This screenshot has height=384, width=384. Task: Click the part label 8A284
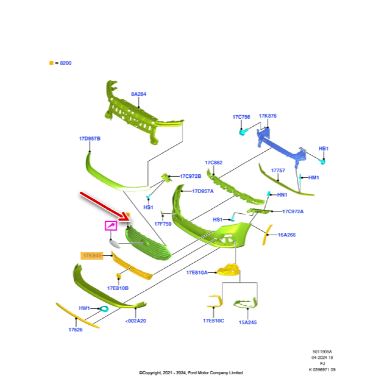click(x=139, y=94)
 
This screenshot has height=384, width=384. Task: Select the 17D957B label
click(x=90, y=138)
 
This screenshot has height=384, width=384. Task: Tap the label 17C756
click(x=241, y=117)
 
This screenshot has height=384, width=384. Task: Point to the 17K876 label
click(x=268, y=116)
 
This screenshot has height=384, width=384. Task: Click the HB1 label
click(x=324, y=148)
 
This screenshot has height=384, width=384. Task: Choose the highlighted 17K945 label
click(x=92, y=255)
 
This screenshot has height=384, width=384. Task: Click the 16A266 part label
click(x=287, y=234)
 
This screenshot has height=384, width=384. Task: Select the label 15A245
click(x=248, y=322)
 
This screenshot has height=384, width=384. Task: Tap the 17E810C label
click(x=214, y=321)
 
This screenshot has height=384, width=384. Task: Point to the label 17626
click(x=75, y=329)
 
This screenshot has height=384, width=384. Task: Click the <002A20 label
click(x=136, y=321)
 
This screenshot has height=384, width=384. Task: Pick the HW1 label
click(x=84, y=308)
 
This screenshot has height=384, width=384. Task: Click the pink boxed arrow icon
click(x=111, y=226)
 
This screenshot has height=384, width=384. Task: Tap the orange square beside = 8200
click(x=51, y=63)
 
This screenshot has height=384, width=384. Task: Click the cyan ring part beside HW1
click(x=104, y=309)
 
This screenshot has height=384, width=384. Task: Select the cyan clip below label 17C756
click(x=243, y=132)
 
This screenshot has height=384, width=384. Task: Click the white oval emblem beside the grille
click(x=114, y=243)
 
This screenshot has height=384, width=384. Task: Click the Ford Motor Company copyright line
click(x=191, y=372)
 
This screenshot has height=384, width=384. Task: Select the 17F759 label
click(x=163, y=223)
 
